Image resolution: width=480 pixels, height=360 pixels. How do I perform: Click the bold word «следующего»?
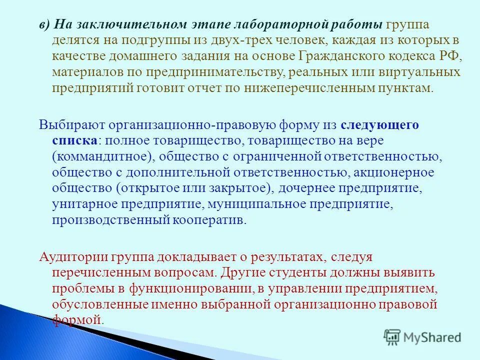pyautogui.click(x=380, y=124)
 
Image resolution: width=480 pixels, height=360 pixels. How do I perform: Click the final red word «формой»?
pyautogui.click(x=76, y=320)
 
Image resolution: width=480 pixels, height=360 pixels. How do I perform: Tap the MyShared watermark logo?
pyautogui.click(x=422, y=336)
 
